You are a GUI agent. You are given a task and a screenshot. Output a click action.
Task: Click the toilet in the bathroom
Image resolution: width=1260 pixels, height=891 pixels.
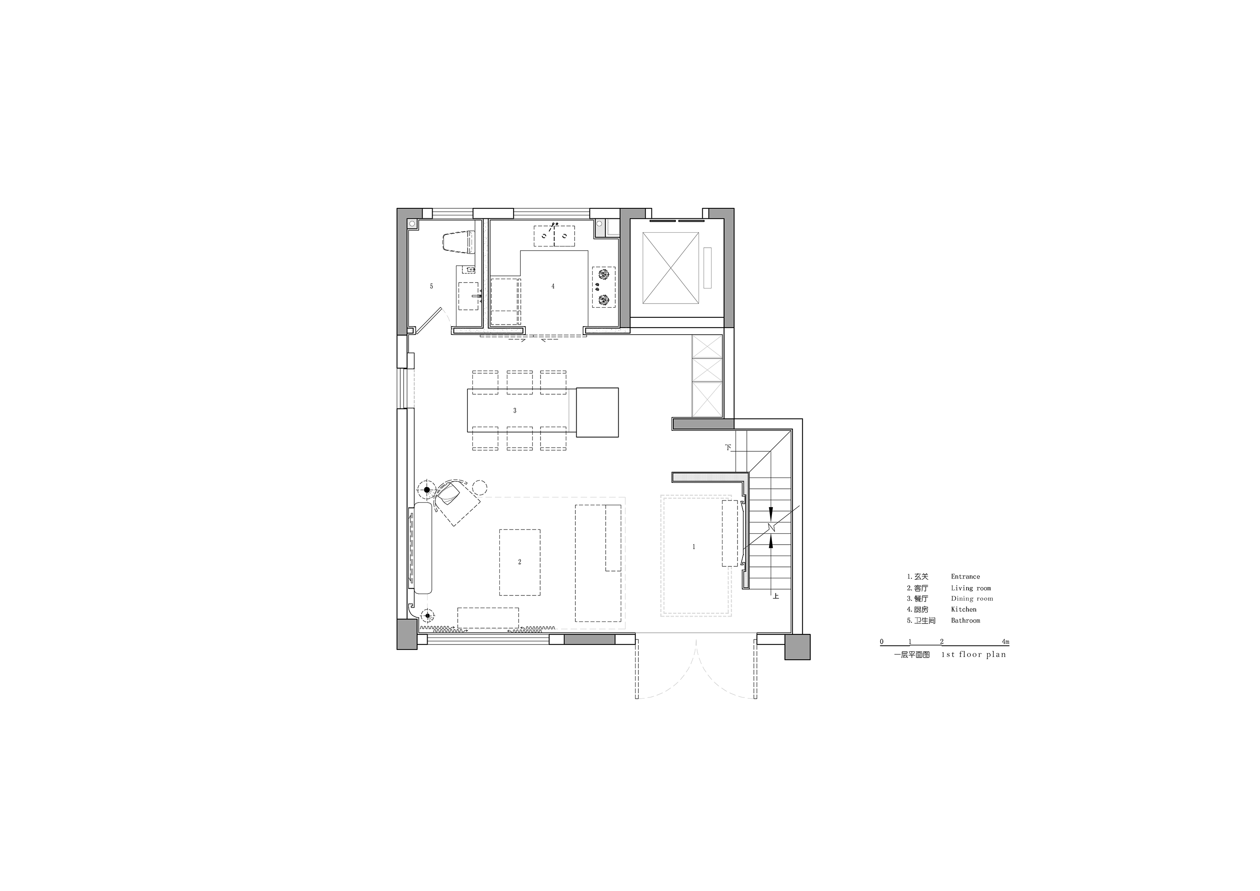point(458,242)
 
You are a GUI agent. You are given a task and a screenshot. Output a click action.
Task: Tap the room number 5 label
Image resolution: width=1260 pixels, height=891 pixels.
point(431,286)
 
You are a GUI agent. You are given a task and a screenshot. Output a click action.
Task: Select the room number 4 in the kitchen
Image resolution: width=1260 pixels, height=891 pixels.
point(553,286)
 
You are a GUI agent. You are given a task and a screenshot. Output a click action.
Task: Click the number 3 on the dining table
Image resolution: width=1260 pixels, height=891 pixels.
point(515,410)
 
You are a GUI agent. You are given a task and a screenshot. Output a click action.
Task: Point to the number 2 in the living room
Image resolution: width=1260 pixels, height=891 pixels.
point(520,562)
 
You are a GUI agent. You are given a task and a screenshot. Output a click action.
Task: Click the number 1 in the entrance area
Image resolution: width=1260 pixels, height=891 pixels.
point(694,546)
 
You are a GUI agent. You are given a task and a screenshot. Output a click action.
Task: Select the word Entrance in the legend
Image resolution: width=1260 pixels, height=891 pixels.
point(965,577)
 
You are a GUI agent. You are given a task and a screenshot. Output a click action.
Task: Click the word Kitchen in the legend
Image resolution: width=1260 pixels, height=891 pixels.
point(963,609)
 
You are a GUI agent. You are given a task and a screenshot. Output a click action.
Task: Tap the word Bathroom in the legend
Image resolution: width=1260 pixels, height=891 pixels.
point(965,621)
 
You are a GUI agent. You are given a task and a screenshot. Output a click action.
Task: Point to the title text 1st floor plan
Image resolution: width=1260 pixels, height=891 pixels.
point(974,655)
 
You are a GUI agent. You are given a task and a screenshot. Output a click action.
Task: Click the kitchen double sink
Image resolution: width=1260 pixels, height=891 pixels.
point(554,236)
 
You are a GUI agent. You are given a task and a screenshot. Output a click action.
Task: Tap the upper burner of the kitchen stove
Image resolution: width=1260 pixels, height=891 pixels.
point(604,273)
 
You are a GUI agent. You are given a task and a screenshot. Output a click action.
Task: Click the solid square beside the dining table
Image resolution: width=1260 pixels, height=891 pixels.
point(597,412)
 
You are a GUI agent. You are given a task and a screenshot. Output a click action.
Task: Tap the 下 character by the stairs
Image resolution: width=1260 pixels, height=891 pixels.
point(728,448)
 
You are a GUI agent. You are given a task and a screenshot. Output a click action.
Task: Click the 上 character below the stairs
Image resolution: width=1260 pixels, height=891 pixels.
point(775,595)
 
